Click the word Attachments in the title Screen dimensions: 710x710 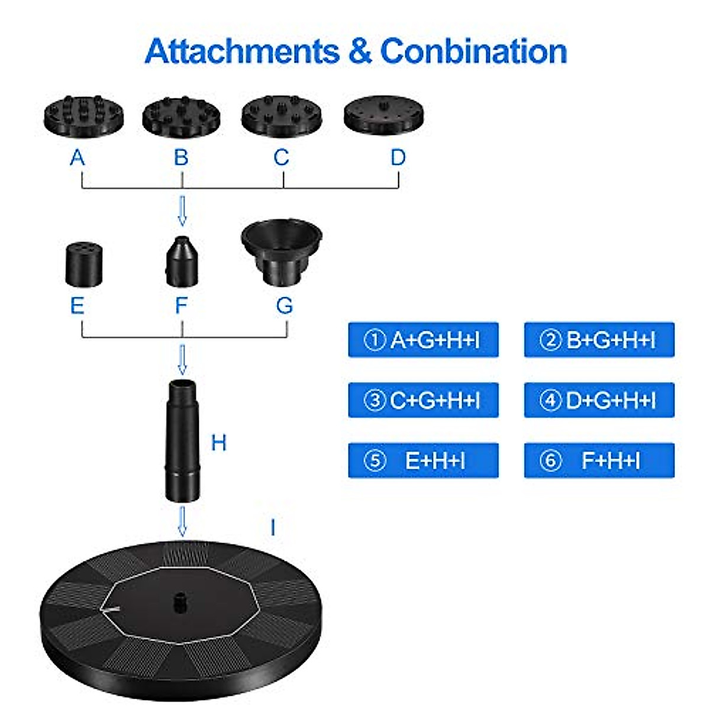coord(242,51)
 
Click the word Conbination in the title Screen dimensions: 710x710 coord(473,51)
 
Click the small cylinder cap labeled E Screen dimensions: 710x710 coord(84,263)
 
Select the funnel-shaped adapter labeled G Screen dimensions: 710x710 coord(282,251)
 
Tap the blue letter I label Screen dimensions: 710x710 coord(272,527)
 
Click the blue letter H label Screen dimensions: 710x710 coord(218,443)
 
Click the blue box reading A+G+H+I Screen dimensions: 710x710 coord(423,340)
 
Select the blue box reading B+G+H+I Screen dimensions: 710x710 coord(599,340)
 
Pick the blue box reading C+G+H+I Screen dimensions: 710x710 coord(423,400)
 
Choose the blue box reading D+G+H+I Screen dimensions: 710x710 coord(599,400)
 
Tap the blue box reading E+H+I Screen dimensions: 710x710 coord(423,460)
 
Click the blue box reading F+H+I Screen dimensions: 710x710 coord(599,460)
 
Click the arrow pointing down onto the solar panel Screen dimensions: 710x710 coord(183,521)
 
